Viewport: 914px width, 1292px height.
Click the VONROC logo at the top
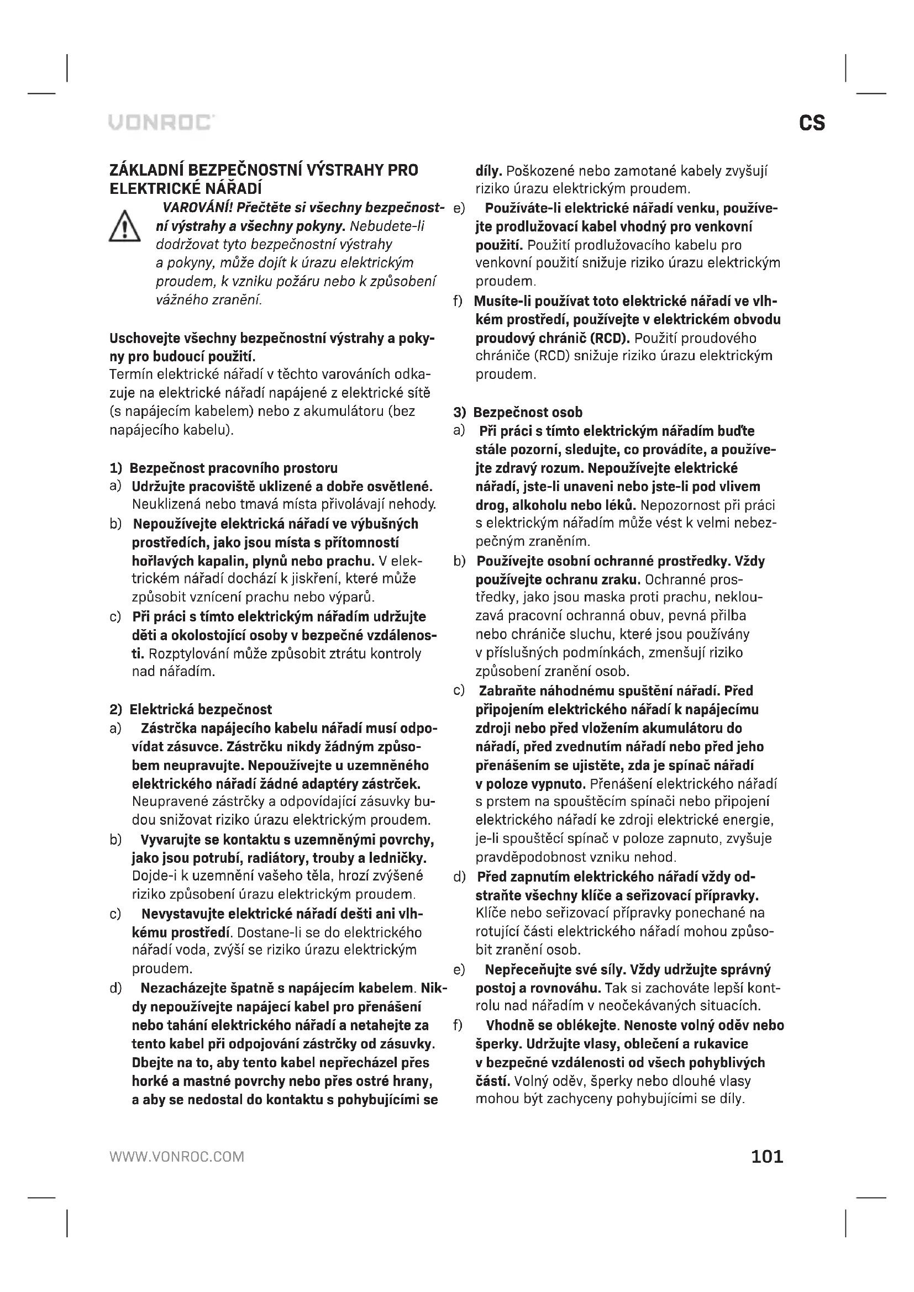tap(161, 123)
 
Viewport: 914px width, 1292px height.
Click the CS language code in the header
tap(812, 123)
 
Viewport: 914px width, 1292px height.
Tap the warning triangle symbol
tap(124, 227)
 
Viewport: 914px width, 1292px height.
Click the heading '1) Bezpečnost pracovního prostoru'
tap(223, 468)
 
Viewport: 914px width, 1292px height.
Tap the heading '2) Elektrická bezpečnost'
tap(190, 710)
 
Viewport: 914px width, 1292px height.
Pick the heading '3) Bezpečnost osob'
tap(518, 413)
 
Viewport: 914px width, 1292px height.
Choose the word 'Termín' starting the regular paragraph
tap(130, 375)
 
